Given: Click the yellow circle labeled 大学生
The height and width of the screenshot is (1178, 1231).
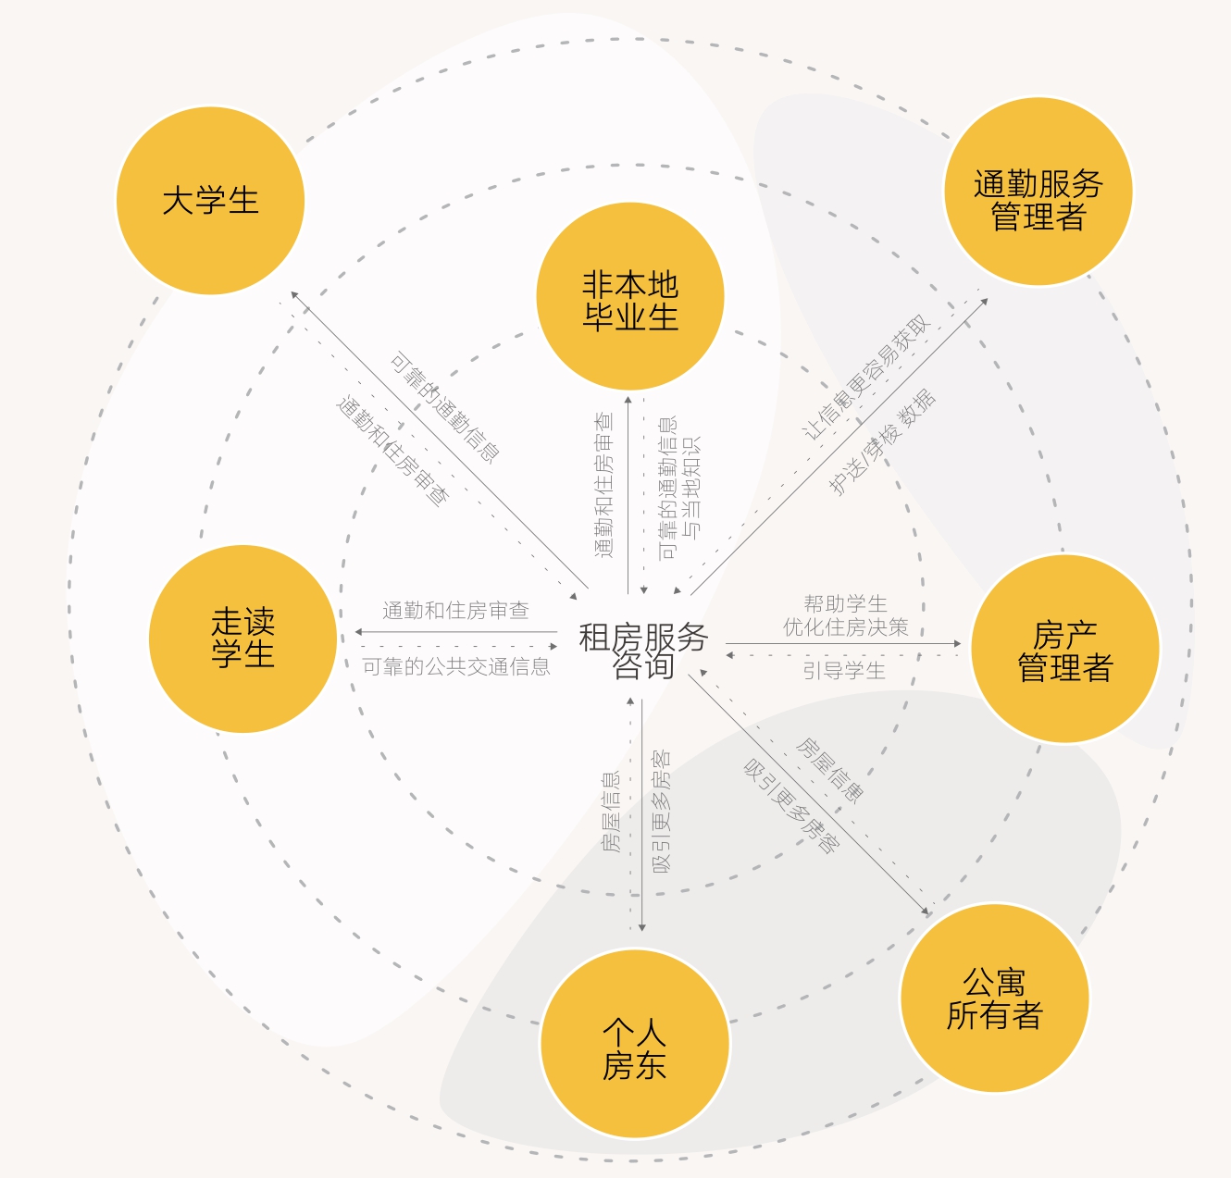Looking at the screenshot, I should click(x=210, y=201).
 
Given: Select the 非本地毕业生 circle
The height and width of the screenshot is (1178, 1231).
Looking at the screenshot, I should click(x=630, y=296).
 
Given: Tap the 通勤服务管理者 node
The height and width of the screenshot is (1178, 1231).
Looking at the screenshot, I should click(x=1038, y=192).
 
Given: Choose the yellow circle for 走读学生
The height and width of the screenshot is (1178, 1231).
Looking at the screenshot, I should click(x=242, y=639).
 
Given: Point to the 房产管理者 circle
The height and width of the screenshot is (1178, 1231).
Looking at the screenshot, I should click(x=1064, y=649).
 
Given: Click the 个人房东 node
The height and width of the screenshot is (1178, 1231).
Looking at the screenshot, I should click(x=635, y=1044).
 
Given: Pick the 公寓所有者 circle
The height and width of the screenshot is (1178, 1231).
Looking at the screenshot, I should click(x=994, y=998).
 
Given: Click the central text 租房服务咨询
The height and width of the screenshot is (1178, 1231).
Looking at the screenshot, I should click(x=643, y=651).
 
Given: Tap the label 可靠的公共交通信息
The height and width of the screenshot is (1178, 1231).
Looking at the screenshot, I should click(x=455, y=667).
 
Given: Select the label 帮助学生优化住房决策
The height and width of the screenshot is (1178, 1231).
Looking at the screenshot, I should click(x=845, y=615).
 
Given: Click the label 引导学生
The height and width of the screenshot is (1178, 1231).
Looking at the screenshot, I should click(x=844, y=671).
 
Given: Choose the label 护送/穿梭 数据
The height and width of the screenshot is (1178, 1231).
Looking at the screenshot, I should click(x=882, y=442).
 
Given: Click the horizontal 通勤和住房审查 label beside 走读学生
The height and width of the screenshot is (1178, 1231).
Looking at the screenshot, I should click(x=455, y=611).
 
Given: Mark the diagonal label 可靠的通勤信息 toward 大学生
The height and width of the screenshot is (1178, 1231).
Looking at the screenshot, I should click(x=445, y=406).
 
